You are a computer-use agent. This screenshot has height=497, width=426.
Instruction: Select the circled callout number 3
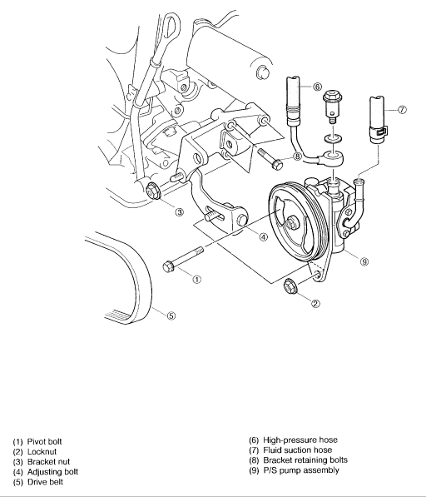[x=179, y=212]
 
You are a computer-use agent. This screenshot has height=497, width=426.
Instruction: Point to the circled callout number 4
[x=263, y=236]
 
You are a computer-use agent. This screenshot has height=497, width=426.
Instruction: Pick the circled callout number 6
[x=317, y=87]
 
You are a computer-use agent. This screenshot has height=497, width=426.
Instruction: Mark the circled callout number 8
[x=297, y=157]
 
